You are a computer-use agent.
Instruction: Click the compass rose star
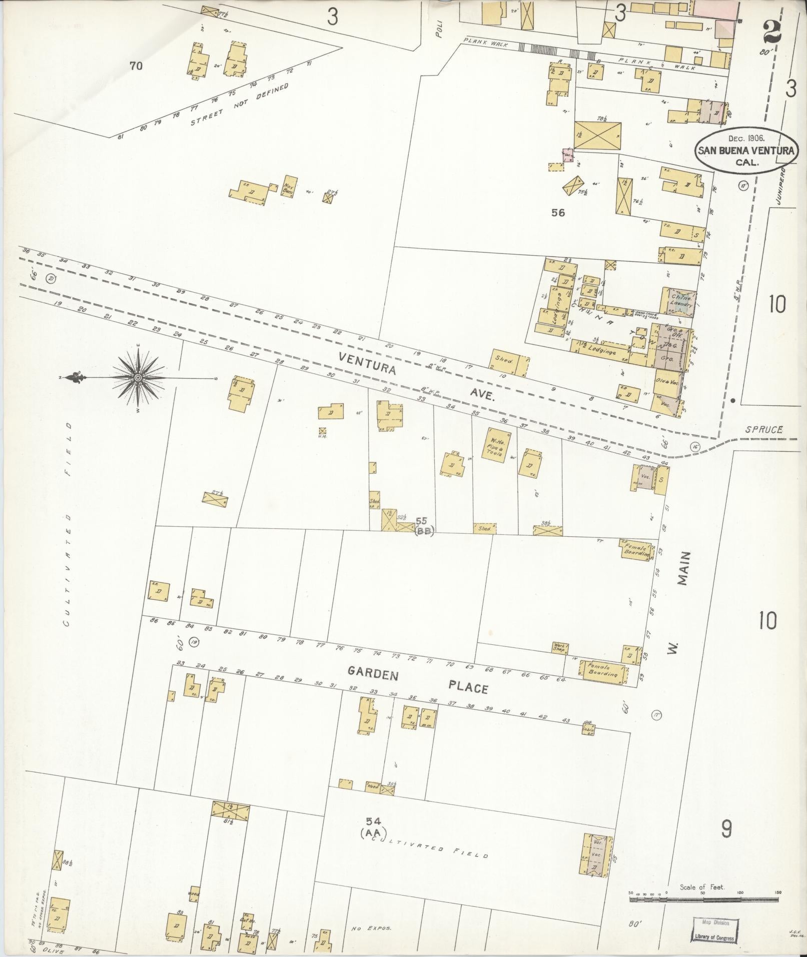(137, 377)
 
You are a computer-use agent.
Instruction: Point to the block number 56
(557, 213)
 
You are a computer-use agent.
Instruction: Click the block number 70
(136, 66)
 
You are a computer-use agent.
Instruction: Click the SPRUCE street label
(762, 429)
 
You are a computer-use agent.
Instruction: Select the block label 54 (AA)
(373, 826)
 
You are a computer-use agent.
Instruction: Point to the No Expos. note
(371, 928)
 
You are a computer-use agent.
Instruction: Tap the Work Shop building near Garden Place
(559, 647)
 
